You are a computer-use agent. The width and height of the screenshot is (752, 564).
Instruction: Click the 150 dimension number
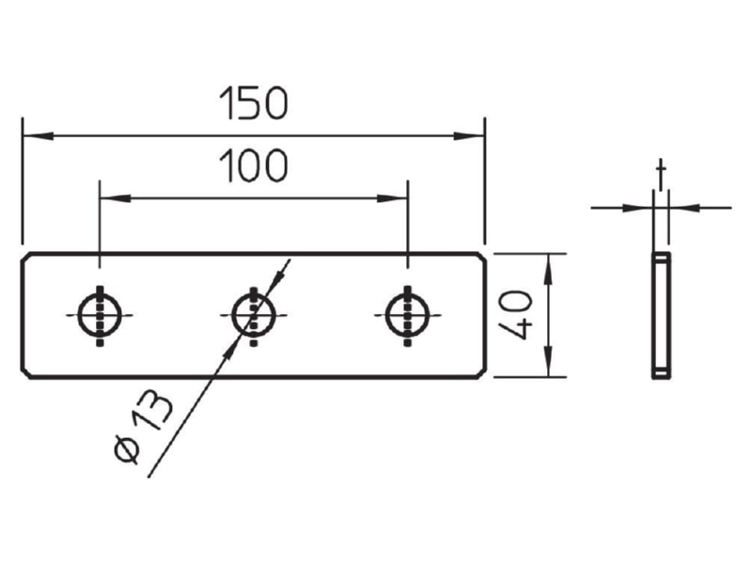click(254, 103)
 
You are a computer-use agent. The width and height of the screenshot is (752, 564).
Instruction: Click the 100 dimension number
click(254, 166)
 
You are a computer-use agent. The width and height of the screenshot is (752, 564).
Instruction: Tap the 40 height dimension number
click(515, 315)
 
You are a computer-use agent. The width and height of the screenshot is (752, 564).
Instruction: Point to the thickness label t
click(662, 175)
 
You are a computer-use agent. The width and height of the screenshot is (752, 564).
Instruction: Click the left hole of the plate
click(100, 315)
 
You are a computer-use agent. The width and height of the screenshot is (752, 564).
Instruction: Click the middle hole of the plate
click(254, 315)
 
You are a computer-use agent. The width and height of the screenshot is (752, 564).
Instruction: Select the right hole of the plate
click(408, 315)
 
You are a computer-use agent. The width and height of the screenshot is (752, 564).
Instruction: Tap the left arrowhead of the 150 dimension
click(38, 135)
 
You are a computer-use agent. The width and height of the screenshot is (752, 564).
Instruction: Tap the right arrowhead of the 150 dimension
click(469, 135)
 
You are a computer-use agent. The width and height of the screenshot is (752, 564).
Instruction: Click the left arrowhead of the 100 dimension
click(115, 198)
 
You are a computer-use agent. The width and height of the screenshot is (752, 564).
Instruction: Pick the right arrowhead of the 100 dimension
click(392, 198)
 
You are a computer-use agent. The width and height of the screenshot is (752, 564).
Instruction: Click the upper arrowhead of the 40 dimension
click(549, 269)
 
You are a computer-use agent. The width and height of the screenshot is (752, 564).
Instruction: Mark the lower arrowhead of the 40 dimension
click(549, 362)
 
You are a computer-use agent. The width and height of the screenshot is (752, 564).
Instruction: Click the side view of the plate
click(662, 315)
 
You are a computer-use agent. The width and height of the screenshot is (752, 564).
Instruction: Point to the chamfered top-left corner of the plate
click(25, 257)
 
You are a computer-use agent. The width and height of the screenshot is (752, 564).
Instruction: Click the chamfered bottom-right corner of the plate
click(482, 373)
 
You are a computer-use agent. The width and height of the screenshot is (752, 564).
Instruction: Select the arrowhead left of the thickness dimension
click(638, 208)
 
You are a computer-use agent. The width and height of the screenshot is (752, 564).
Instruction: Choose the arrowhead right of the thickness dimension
click(684, 208)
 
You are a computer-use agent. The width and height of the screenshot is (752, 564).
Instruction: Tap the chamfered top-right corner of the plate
click(482, 257)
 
